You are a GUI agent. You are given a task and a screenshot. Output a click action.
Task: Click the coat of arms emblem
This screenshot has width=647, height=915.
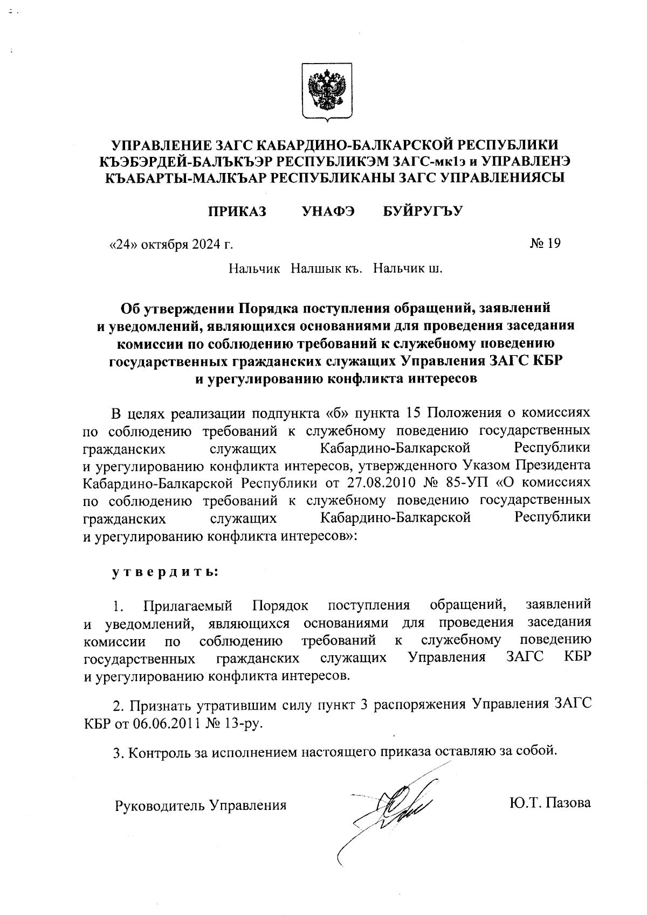(x=326, y=91)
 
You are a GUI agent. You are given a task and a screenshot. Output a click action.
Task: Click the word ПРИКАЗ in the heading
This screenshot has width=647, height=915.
(x=237, y=211)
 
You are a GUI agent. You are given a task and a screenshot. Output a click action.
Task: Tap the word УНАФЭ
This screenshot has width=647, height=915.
(x=328, y=211)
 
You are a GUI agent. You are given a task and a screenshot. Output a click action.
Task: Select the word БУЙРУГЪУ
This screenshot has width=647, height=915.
(x=423, y=211)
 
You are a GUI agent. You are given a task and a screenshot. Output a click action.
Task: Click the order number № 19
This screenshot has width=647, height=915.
(x=545, y=244)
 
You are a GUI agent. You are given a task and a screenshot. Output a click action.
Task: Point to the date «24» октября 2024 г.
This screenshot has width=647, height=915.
(x=171, y=245)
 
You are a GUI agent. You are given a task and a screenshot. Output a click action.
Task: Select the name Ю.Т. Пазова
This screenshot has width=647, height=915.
(x=549, y=803)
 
